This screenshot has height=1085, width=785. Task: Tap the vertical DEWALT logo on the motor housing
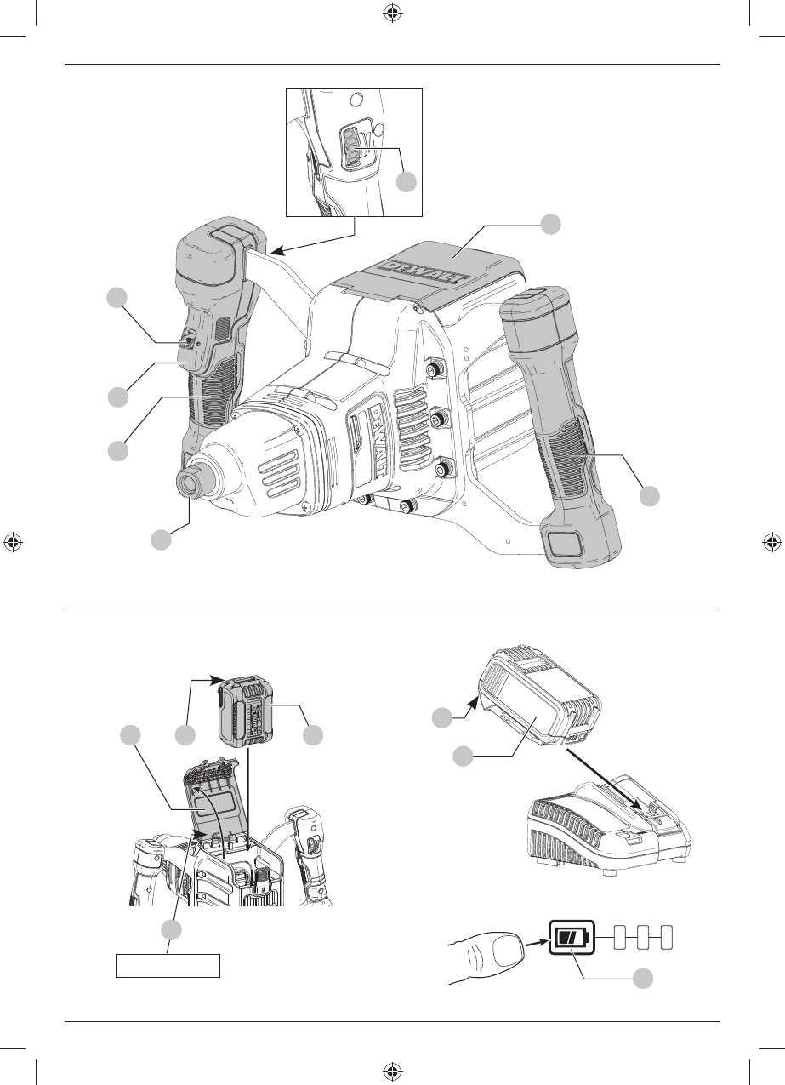pyautogui.click(x=379, y=438)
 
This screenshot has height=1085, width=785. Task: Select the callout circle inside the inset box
pyautogui.click(x=407, y=181)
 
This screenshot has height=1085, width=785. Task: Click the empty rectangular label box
pyautogui.click(x=168, y=966)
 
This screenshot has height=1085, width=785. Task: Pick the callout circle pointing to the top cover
pyautogui.click(x=551, y=223)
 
